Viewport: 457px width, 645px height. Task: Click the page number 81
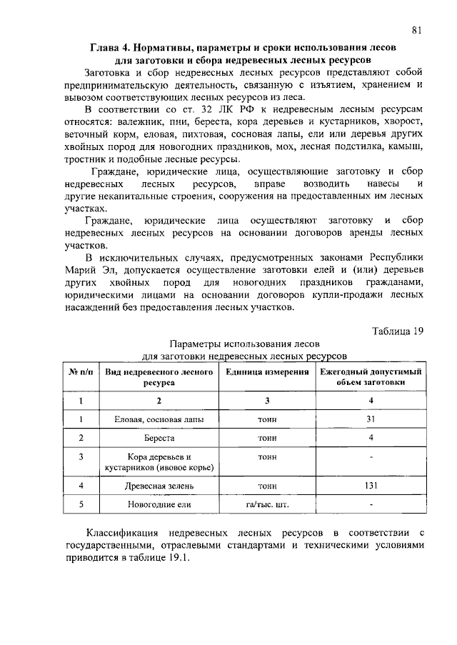click(418, 30)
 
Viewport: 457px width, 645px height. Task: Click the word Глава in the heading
click(106, 47)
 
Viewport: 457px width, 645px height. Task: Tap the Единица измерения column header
click(267, 372)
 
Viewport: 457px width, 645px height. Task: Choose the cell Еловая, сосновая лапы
click(159, 419)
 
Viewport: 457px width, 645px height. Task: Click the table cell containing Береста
click(159, 437)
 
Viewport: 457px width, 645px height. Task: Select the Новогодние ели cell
click(159, 504)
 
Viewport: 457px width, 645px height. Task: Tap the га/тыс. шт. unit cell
click(267, 504)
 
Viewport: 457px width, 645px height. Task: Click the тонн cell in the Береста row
click(267, 437)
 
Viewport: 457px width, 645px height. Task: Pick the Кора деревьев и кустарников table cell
click(159, 461)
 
